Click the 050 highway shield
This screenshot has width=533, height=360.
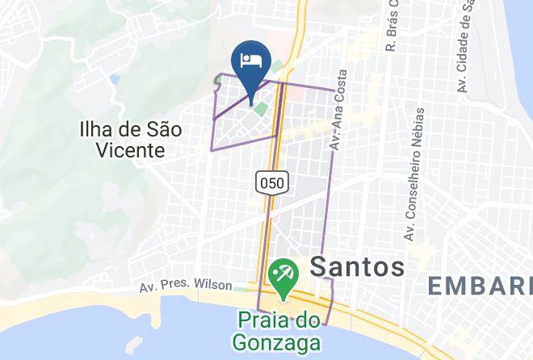271,182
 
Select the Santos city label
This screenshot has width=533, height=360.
357,266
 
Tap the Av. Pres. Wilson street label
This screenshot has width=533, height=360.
186,287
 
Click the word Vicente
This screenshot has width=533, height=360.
129,149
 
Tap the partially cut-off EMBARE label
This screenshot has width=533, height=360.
480,286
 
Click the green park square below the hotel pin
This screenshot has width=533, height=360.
261,109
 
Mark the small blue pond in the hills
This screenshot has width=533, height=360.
115,81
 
